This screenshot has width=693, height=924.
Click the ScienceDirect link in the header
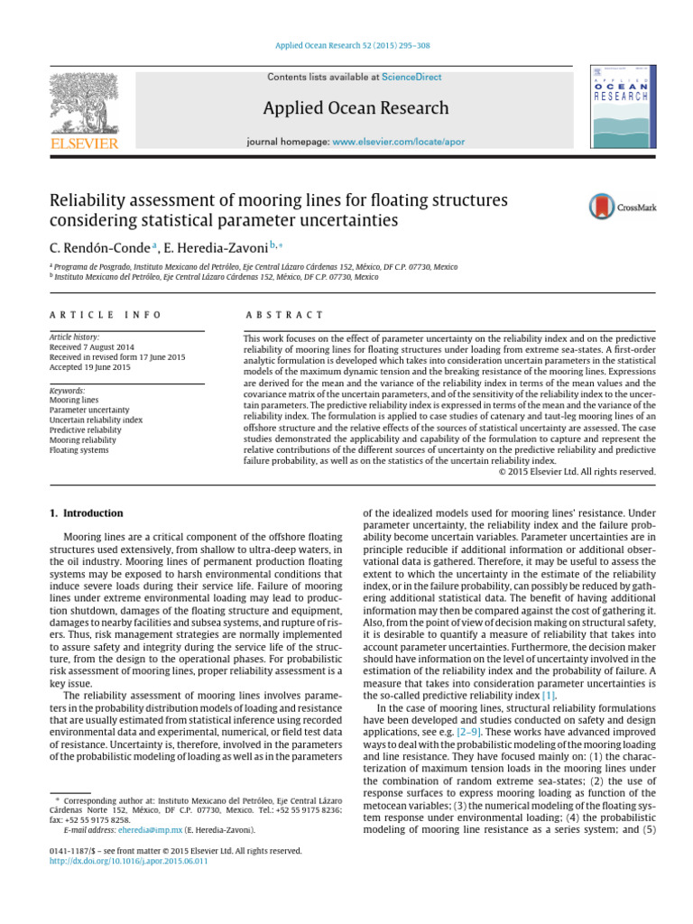coord(406,79)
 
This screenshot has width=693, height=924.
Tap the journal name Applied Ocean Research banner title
coord(356,108)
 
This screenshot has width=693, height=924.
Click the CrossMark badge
coord(623,207)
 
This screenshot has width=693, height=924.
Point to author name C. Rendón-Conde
coord(100,245)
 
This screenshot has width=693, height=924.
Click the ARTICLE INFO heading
coord(106,315)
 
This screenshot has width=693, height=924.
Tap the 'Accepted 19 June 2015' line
coord(90,367)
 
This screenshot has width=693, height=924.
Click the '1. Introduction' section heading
coord(87,513)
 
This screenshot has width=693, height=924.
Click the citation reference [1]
coord(549,696)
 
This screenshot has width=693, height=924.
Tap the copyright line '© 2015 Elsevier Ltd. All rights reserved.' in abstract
coord(577,471)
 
